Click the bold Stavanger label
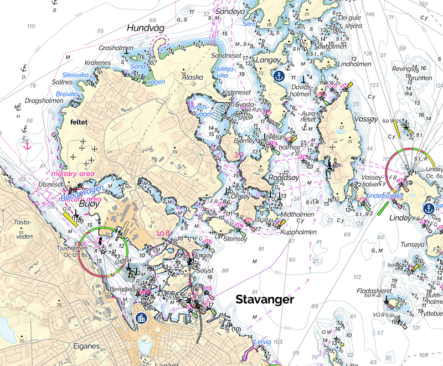(265, 299)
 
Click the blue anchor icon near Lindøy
(428, 208)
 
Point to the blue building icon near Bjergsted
(141, 319)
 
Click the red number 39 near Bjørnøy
(239, 155)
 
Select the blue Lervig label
(262, 343)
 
